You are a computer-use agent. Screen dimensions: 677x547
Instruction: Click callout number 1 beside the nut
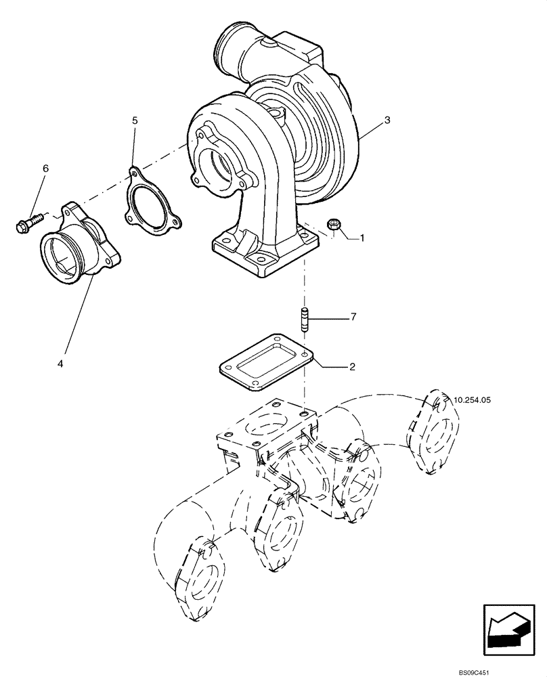(x=362, y=238)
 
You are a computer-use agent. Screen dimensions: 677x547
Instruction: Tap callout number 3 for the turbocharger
(x=387, y=120)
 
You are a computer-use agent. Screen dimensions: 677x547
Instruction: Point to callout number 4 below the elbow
(x=60, y=364)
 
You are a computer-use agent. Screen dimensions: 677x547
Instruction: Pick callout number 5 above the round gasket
(x=135, y=120)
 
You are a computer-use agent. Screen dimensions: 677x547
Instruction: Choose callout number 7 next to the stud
(x=352, y=317)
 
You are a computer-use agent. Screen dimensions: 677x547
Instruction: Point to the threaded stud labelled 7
(x=305, y=318)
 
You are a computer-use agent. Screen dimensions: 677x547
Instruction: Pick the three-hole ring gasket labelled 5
(x=150, y=202)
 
